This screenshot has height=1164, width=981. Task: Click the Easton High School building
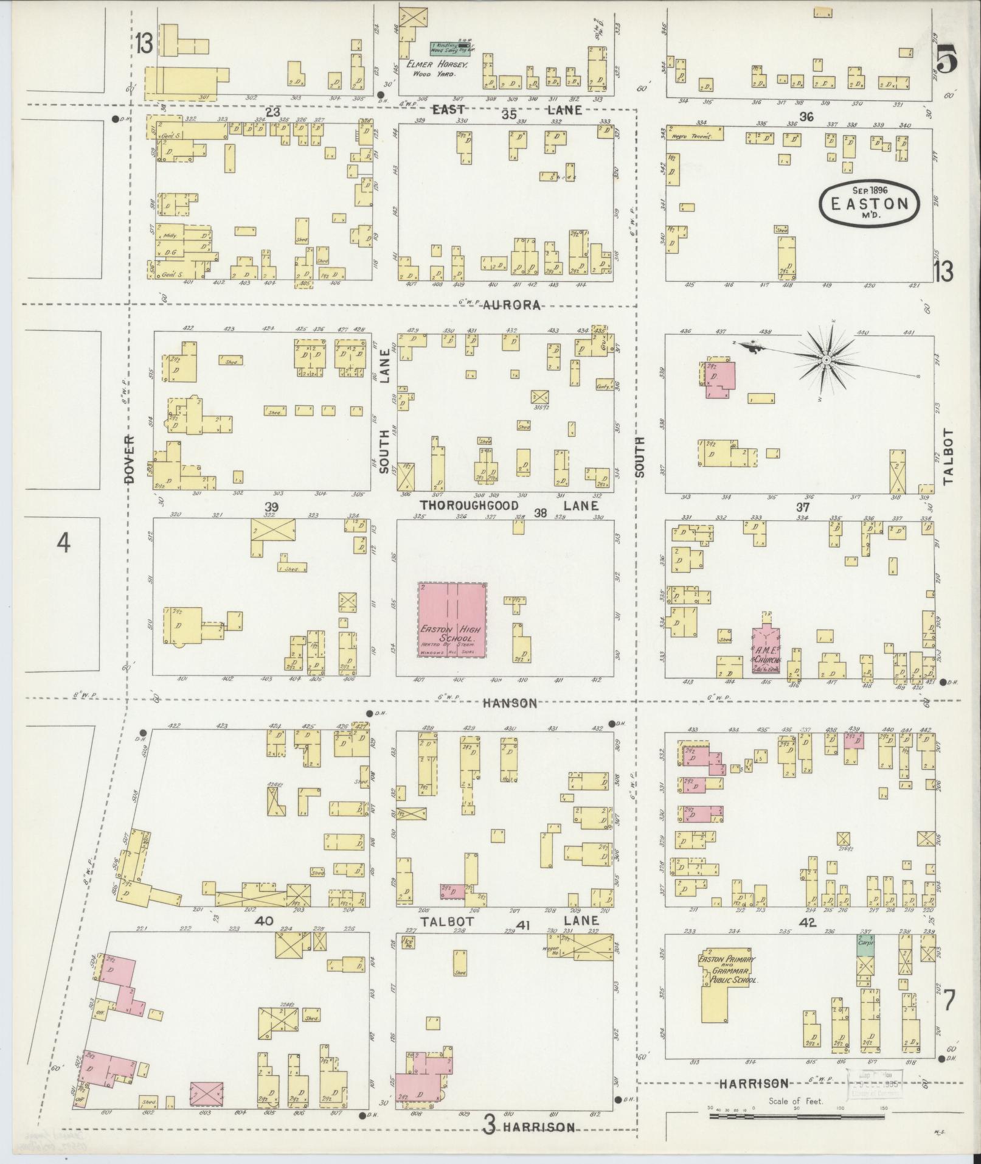coord(452,619)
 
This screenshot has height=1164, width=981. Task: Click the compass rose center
coord(827,360)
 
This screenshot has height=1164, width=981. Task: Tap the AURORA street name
coord(512,305)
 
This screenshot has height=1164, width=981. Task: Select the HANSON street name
coord(511,703)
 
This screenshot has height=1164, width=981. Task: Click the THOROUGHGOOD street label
coord(469,506)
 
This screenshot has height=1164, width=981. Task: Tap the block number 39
coord(271,507)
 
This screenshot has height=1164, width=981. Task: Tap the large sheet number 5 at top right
coord(946,60)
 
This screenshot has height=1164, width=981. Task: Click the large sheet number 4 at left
coord(63,542)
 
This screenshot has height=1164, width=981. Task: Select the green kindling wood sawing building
coord(450,46)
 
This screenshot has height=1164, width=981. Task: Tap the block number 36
coord(806,117)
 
